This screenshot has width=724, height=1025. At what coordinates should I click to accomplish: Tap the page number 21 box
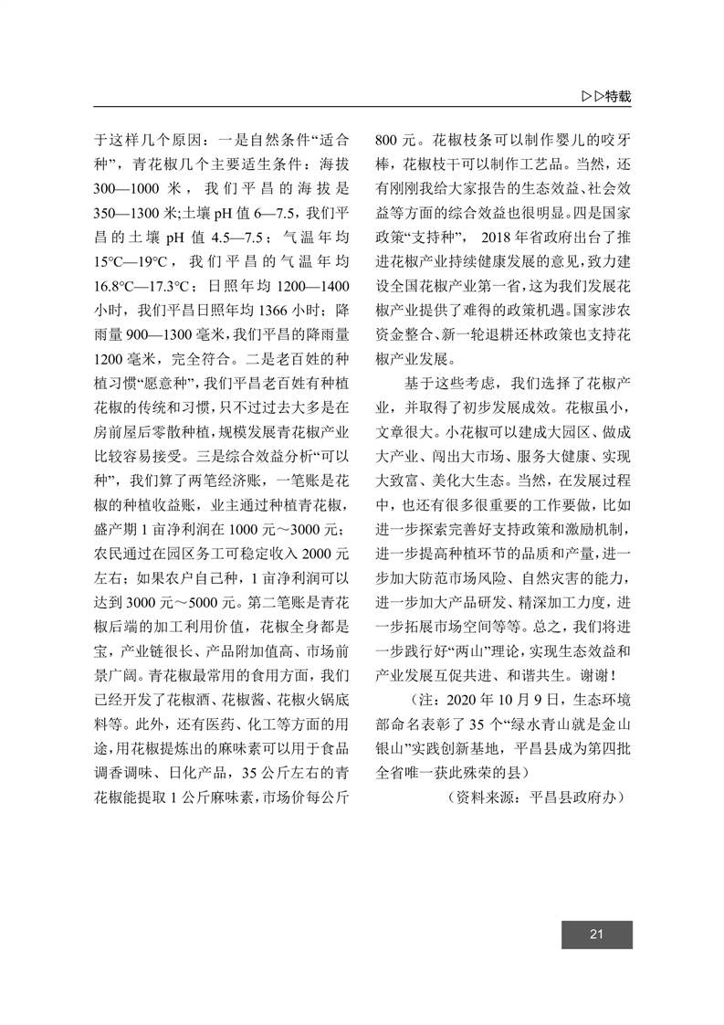pyautogui.click(x=596, y=933)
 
